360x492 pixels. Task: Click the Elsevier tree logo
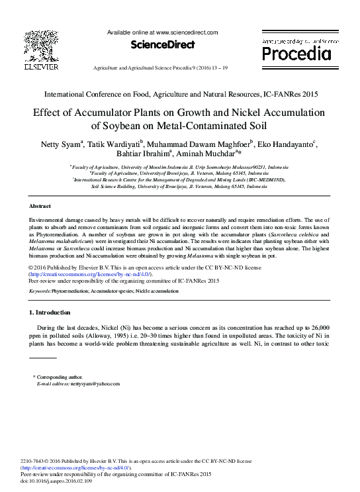click(41, 46)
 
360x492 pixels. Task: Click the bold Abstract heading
click(41, 207)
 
